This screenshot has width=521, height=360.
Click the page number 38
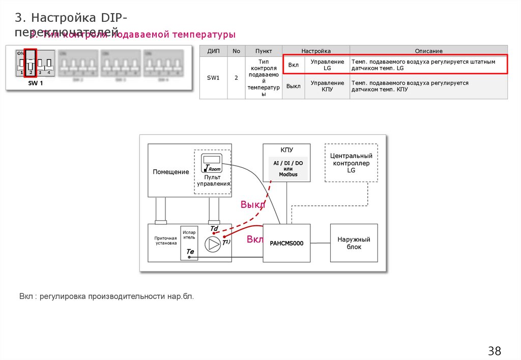point(495,351)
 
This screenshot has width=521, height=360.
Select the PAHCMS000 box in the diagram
point(286,243)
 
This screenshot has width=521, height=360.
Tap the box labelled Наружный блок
point(354,243)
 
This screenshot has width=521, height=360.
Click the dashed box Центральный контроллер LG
point(351,163)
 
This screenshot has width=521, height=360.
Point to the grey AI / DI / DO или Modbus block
point(288,168)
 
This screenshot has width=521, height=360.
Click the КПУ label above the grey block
point(287,150)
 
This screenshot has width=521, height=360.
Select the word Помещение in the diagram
point(171,172)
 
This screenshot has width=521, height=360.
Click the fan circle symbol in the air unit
point(212,244)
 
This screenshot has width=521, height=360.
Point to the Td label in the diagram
point(214,229)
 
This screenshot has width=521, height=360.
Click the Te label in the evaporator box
point(190,251)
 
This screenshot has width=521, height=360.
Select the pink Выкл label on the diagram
point(253,205)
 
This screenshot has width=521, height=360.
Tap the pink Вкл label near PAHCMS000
point(254,239)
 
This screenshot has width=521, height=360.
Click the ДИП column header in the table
point(213,51)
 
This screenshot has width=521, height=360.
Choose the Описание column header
point(428,51)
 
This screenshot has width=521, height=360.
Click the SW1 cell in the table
point(213,78)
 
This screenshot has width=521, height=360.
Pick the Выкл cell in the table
point(294,86)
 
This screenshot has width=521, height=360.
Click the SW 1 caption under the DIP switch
point(36,83)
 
